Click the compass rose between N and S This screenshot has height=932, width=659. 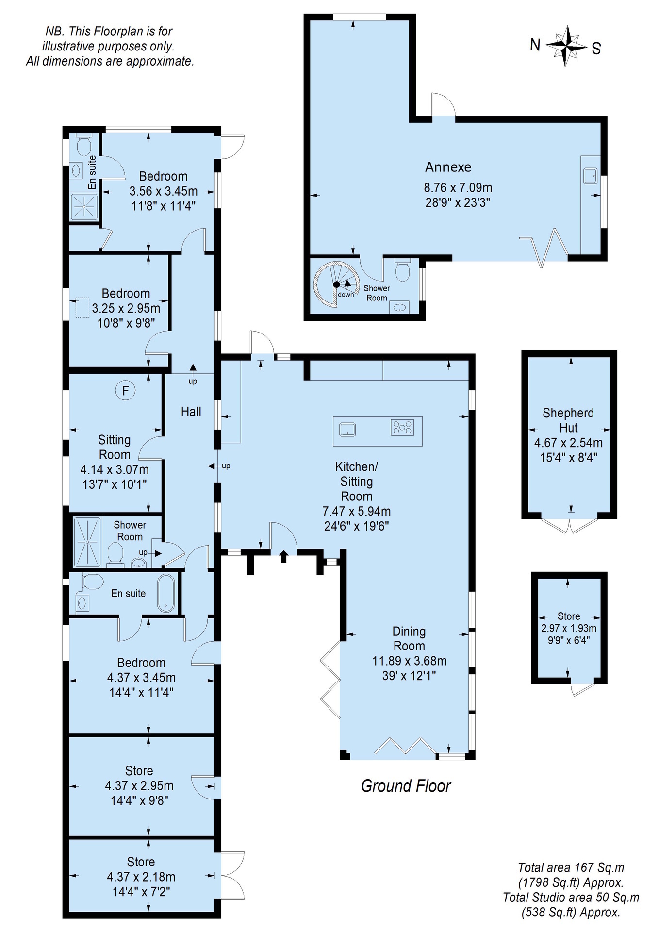(566, 46)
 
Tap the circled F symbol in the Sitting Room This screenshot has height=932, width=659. (126, 390)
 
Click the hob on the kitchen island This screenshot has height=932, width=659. (402, 428)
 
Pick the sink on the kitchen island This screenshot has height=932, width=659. (347, 429)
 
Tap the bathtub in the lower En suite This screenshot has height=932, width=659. (166, 593)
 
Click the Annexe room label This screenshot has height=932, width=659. (448, 167)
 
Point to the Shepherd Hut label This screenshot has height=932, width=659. (568, 420)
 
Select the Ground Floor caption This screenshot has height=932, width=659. (406, 786)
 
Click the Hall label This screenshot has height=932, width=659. (191, 412)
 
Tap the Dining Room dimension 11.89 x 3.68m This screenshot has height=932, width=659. (410, 661)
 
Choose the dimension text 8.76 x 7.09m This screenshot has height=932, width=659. (458, 187)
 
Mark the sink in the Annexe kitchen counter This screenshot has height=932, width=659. (591, 176)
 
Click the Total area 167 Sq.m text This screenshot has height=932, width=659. (571, 867)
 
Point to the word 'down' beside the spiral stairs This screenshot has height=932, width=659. (346, 295)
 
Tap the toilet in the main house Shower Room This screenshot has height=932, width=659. (115, 555)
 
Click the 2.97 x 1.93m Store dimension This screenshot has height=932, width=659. (569, 628)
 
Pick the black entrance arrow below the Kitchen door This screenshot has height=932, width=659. (283, 556)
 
